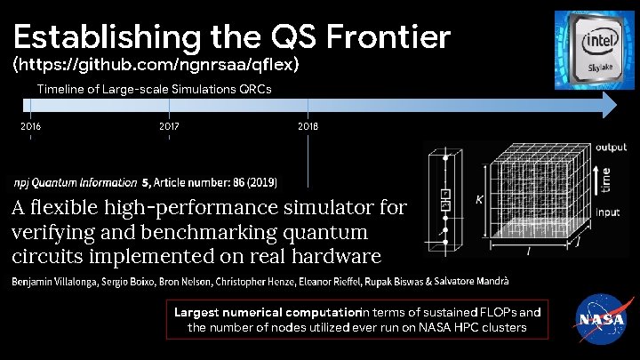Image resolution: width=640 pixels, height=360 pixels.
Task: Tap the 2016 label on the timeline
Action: point(30,126)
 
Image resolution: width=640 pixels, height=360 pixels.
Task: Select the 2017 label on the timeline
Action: point(169,126)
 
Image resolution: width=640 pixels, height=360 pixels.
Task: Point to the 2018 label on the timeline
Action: point(308,126)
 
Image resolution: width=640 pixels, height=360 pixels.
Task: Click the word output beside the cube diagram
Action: point(611,148)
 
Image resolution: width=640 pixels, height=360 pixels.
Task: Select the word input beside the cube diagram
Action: point(608,212)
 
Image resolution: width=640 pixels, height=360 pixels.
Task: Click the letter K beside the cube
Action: point(479,200)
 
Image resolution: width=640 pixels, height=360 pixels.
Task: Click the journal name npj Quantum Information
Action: point(75,183)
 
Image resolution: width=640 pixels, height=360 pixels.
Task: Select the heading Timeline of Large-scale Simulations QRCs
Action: point(154,89)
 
